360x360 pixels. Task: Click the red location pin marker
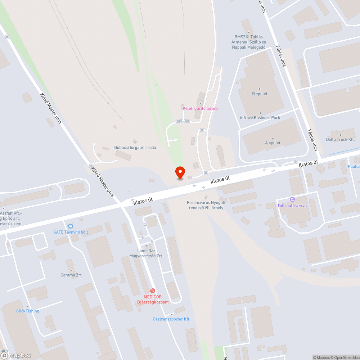coord(180,172)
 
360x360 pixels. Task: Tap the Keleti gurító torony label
coord(200,108)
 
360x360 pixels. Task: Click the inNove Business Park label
coord(260,118)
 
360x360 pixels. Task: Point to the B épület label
coord(260,94)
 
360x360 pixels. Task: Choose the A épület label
coord(273,143)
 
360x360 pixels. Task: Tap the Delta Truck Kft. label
coord(340,139)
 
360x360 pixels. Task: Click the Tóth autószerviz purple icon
coord(292,199)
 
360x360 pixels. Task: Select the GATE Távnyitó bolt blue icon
coord(71,226)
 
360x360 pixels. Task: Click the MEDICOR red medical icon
coord(153,291)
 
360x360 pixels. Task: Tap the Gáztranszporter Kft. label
coord(171,319)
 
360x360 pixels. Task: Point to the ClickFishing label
coord(28,311)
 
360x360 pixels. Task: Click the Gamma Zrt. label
coord(72,275)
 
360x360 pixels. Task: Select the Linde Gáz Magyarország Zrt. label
coord(146,253)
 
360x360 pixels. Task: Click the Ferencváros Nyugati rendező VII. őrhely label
coord(206,205)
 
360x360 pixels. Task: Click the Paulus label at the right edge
coord(354,166)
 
